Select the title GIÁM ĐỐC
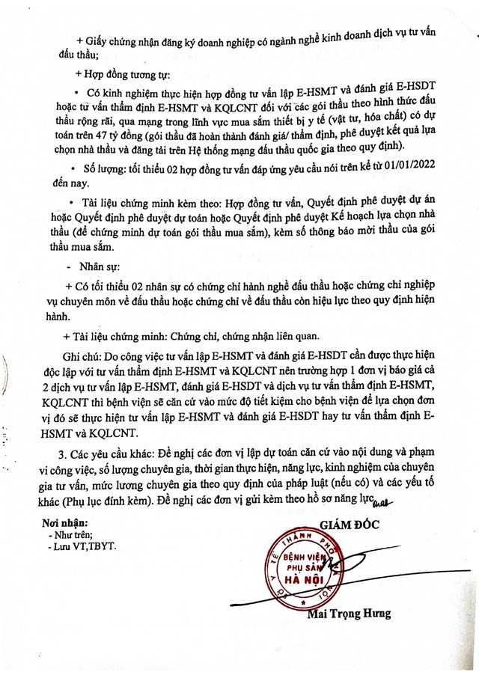click(x=352, y=522)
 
